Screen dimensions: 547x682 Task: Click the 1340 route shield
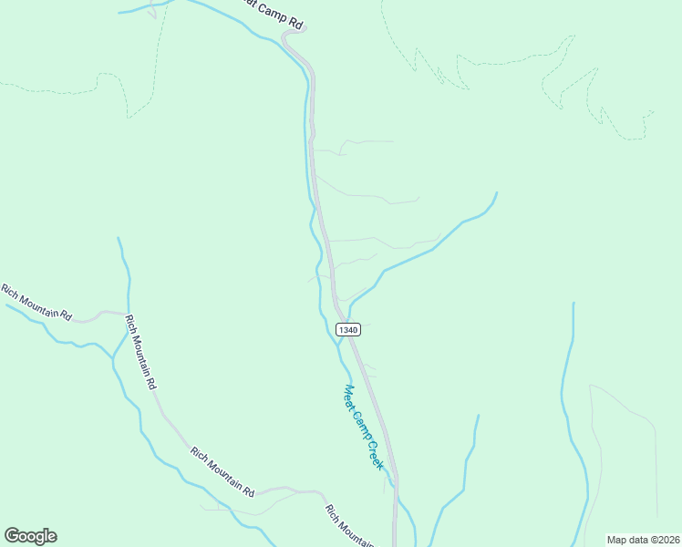pyautogui.click(x=347, y=329)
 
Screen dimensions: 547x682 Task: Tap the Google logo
pyautogui.click(x=30, y=536)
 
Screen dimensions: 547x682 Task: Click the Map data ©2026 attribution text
pyautogui.click(x=643, y=539)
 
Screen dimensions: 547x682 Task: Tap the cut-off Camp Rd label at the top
pyautogui.click(x=269, y=11)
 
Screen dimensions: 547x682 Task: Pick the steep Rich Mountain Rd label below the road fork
pyautogui.click(x=140, y=352)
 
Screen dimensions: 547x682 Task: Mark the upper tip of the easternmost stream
pyautogui.click(x=573, y=304)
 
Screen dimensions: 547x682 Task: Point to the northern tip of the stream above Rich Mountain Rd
pyautogui.click(x=119, y=239)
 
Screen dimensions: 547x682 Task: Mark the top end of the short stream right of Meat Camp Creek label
pyautogui.click(x=478, y=417)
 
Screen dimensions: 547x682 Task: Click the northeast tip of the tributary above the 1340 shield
pyautogui.click(x=496, y=193)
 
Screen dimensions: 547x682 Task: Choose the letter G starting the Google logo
pyautogui.click(x=12, y=536)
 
